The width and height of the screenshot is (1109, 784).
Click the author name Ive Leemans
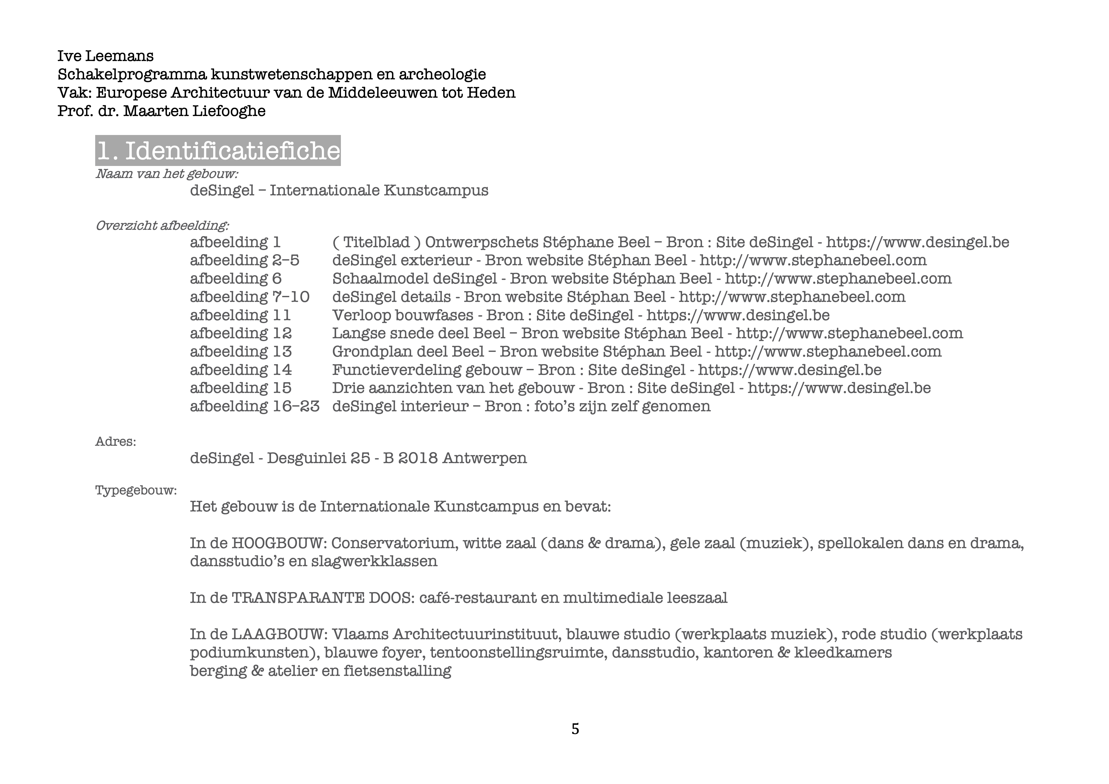105,56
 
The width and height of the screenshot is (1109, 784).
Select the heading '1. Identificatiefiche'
218,150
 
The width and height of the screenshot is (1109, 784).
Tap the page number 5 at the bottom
575,729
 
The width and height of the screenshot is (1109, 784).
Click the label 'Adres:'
115,442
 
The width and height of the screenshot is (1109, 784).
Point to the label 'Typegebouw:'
136,491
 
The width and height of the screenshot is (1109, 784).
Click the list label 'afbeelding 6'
235,279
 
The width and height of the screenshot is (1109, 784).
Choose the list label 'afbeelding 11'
240,315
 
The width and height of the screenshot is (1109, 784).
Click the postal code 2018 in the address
416,458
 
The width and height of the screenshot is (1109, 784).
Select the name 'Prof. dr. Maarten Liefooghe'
161,111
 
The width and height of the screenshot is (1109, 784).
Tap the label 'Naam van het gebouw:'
167,174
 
